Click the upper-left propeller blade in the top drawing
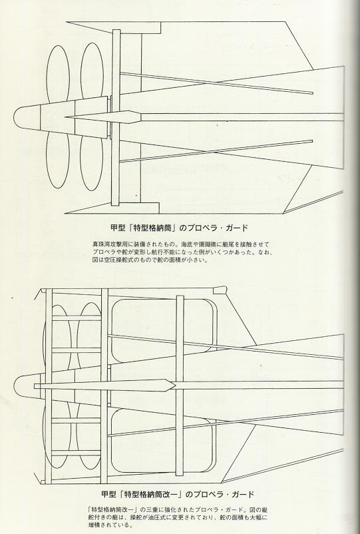pyautogui.click(x=57, y=75)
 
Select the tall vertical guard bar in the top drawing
pyautogui.click(x=116, y=117)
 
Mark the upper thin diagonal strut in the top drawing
pyautogui.click(x=216, y=83)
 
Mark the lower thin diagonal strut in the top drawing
pyautogui.click(x=216, y=151)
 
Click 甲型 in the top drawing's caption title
pyautogui.click(x=118, y=228)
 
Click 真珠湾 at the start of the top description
pyautogui.click(x=101, y=244)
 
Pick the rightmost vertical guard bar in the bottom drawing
pyautogui.click(x=180, y=386)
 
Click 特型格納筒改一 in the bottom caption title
pyautogui.click(x=152, y=494)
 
